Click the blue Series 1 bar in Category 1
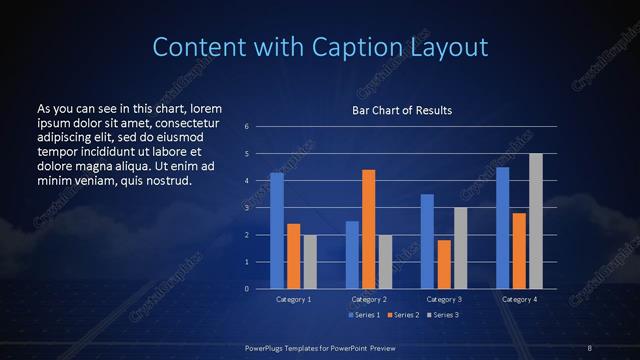[277, 231]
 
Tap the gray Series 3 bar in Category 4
[535, 221]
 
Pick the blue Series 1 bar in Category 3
[427, 241]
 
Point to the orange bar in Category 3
[444, 264]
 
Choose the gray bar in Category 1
[310, 261]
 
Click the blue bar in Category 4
[502, 228]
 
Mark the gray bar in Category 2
[385, 261]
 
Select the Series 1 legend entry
[363, 315]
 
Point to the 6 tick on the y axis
[247, 127]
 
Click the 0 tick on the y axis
[247, 288]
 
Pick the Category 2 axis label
[369, 299]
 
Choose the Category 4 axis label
[518, 299]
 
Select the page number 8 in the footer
[590, 347]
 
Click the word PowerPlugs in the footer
[268, 347]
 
